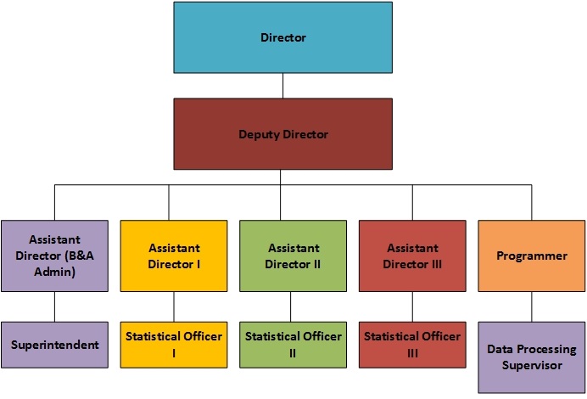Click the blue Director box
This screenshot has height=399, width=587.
283,37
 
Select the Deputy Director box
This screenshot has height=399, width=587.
283,134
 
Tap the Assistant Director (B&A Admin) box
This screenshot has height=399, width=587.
54,256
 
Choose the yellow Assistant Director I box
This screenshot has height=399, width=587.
174,256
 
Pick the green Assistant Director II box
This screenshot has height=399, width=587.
293,256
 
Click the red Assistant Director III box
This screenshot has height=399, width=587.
412,256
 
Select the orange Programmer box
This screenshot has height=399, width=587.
532,256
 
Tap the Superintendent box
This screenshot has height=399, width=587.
54,345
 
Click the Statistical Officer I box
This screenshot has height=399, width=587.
174,345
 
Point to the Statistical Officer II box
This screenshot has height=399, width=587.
293,345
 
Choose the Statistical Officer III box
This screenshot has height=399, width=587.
412,345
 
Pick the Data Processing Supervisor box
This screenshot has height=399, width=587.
532,357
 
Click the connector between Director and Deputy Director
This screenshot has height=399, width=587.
282,86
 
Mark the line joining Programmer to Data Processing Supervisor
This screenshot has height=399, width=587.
532,306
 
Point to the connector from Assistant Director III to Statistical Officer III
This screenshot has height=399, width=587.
412,306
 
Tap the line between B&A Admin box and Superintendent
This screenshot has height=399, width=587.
54,306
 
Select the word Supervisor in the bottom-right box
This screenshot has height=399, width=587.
532,366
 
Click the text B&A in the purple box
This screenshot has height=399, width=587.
80,256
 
